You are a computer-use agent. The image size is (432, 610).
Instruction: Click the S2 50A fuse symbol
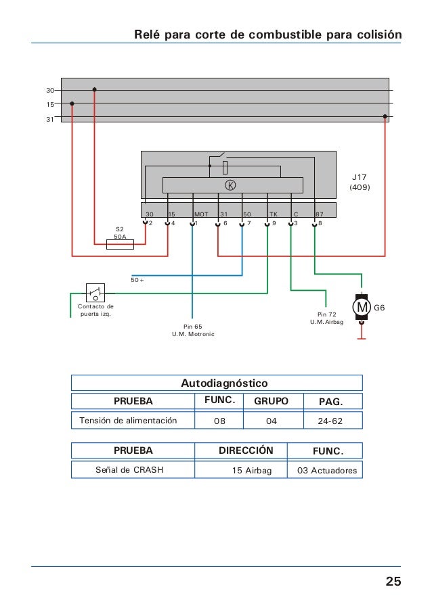pyautogui.click(x=120, y=244)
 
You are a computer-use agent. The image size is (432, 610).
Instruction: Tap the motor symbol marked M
pyautogui.click(x=362, y=307)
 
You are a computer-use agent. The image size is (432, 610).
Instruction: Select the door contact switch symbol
pyautogui.click(x=95, y=293)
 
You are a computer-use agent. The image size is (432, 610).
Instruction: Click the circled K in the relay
pyautogui.click(x=231, y=185)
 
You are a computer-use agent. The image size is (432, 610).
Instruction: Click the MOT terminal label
pyautogui.click(x=201, y=214)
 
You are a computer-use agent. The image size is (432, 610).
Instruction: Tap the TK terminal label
pyautogui.click(x=274, y=214)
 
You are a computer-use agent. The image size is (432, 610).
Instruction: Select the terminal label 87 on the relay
pyautogui.click(x=320, y=214)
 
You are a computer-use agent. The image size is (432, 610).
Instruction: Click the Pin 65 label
pyautogui.click(x=193, y=327)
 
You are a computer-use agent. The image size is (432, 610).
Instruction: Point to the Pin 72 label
pyautogui.click(x=327, y=314)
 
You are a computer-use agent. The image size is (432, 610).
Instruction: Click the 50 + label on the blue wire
pyautogui.click(x=137, y=280)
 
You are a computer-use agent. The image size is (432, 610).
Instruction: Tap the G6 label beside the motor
pyautogui.click(x=379, y=308)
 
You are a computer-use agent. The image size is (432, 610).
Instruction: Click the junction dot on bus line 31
pyautogui.click(x=385, y=116)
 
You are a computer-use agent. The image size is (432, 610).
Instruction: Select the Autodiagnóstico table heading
pyautogui.click(x=224, y=383)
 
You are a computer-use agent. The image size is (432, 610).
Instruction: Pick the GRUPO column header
pyautogui.click(x=271, y=401)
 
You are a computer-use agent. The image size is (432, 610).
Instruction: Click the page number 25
pyautogui.click(x=393, y=581)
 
